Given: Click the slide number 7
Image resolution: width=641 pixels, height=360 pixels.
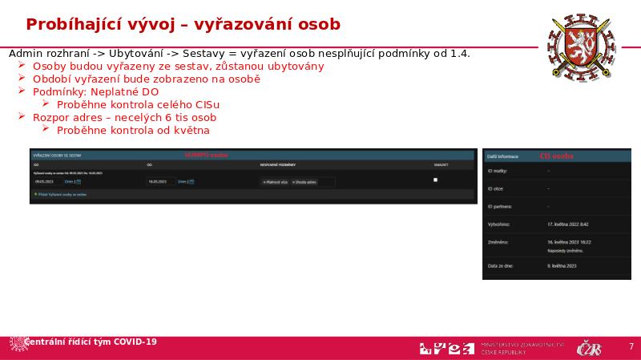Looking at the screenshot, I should click(631, 346).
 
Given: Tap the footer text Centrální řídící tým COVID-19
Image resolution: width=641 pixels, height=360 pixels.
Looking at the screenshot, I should click(91, 342).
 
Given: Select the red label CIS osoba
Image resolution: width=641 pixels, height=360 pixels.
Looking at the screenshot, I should click(557, 156).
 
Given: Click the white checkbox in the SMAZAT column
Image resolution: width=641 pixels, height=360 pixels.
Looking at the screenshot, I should click(435, 180).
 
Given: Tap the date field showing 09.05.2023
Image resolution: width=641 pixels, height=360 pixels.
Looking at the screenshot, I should click(44, 181).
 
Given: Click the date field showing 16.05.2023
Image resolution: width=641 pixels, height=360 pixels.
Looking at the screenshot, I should click(155, 181).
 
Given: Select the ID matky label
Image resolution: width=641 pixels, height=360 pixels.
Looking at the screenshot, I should click(499, 171).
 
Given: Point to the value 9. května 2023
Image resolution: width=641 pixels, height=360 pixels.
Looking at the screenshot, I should click(562, 265).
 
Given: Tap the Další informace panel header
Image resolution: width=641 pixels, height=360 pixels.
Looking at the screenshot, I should click(503, 157).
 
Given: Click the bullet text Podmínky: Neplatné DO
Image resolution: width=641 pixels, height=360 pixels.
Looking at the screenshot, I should click(95, 92).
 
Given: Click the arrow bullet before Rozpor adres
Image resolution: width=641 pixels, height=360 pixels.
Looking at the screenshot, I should click(22, 117).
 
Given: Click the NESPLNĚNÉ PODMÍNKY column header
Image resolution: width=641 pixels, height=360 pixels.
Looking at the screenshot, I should click(278, 165).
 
